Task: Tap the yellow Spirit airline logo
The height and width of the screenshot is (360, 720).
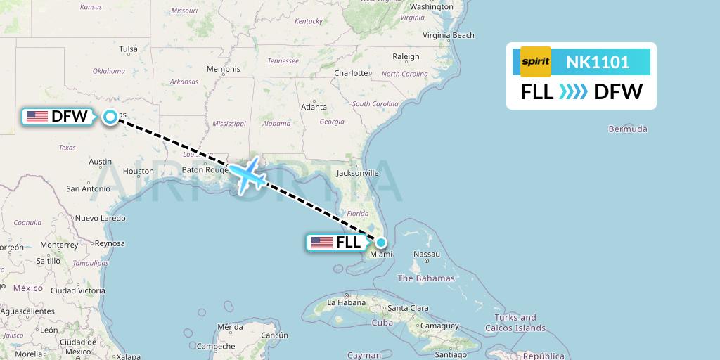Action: point(536,61)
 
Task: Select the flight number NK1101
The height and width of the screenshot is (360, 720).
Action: point(598,62)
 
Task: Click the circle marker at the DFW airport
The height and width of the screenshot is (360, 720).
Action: point(110,117)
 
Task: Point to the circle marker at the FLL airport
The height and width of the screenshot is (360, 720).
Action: point(380,243)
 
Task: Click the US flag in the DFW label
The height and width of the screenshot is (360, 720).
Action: point(37,117)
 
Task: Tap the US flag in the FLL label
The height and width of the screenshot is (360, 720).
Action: point(322,243)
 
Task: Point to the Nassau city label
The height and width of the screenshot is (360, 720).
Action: point(427,255)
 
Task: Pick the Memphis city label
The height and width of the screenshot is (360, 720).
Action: point(223,69)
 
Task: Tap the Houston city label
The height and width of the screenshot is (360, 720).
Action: point(138,171)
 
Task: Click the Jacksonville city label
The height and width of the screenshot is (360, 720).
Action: point(357,172)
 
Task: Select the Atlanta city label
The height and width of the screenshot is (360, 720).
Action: point(314,107)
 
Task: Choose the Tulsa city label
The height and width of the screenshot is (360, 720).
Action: point(128,49)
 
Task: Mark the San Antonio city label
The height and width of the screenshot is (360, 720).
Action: point(88,188)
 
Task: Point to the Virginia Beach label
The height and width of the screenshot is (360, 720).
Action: point(449,35)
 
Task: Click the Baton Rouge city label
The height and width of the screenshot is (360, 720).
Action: point(204,169)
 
